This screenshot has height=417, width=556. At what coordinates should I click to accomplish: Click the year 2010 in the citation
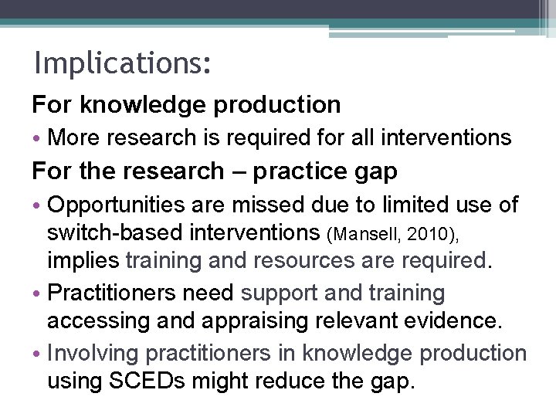click(x=420, y=234)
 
